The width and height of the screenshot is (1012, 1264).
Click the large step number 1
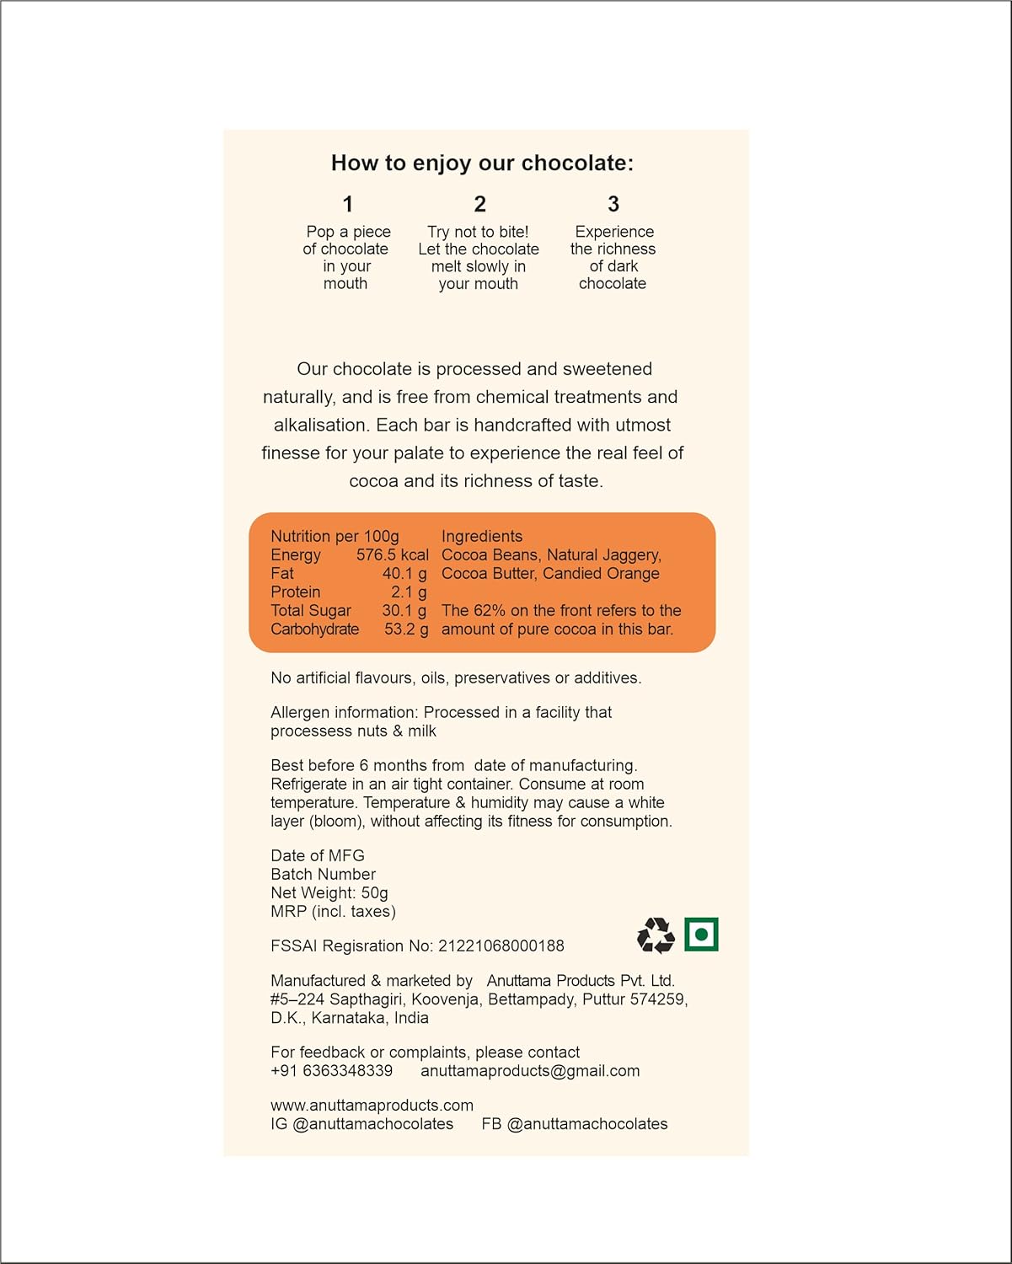pyautogui.click(x=347, y=204)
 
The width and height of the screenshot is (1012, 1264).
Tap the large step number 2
pyautogui.click(x=479, y=204)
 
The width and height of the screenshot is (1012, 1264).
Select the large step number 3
pyautogui.click(x=613, y=204)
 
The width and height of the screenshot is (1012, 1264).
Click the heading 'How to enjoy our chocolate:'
pyautogui.click(x=482, y=163)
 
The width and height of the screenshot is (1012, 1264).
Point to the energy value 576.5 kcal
pyautogui.click(x=392, y=554)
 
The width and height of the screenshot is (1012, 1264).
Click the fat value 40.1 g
pyautogui.click(x=404, y=573)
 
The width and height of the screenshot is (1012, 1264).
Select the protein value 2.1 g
pyautogui.click(x=409, y=592)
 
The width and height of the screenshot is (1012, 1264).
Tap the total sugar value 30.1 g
pyautogui.click(x=404, y=610)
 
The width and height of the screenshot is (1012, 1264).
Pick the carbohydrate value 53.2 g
pyautogui.click(x=406, y=629)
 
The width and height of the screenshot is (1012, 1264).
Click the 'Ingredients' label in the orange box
pyautogui.click(x=482, y=536)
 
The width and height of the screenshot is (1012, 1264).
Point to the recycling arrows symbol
pyautogui.click(x=656, y=935)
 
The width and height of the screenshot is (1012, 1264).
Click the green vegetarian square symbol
pyautogui.click(x=701, y=934)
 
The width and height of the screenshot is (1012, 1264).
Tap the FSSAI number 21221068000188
pyautogui.click(x=501, y=945)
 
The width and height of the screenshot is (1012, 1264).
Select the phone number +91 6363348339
pyautogui.click(x=331, y=1070)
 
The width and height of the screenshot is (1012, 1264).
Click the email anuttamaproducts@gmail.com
pyautogui.click(x=530, y=1070)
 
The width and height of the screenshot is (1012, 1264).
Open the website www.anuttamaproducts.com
pyautogui.click(x=372, y=1105)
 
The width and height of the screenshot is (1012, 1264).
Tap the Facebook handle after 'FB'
pyautogui.click(x=587, y=1123)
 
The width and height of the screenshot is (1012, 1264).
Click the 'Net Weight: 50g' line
pyautogui.click(x=329, y=892)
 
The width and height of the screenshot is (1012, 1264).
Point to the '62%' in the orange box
pyautogui.click(x=489, y=610)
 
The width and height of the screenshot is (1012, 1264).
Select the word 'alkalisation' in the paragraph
pyautogui.click(x=321, y=425)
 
